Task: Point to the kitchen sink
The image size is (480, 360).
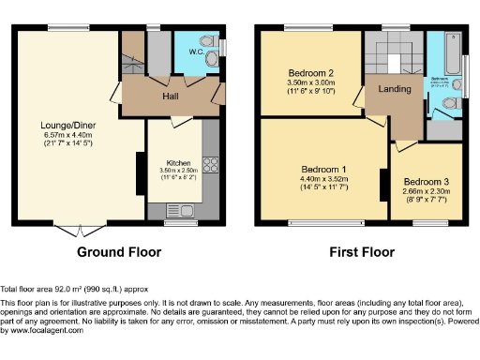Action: (x=177, y=211)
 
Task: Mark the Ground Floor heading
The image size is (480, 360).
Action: (x=115, y=252)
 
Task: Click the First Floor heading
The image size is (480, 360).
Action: (x=362, y=252)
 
